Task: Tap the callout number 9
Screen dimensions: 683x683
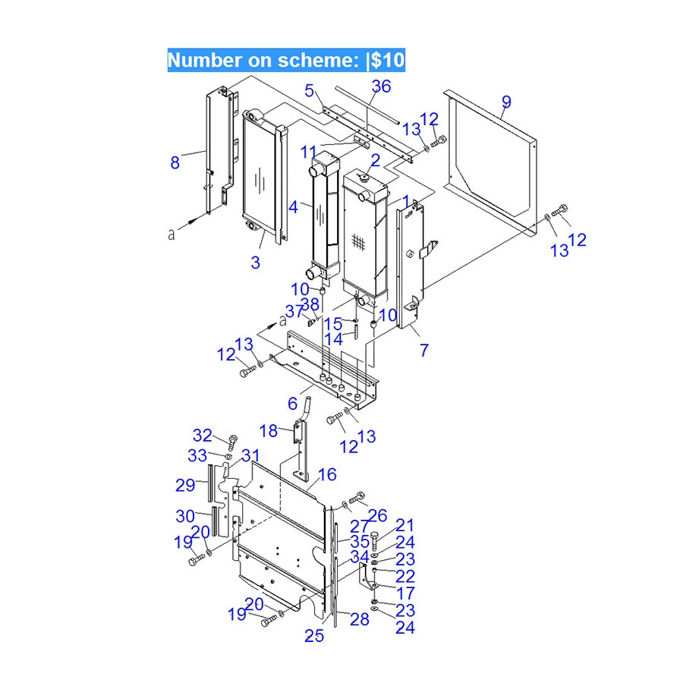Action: coord(506,102)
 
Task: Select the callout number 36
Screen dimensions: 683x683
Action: coord(381,87)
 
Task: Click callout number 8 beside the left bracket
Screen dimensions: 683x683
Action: coord(175,162)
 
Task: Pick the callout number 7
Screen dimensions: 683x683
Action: coord(424,350)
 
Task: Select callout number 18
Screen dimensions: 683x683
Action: coord(269,431)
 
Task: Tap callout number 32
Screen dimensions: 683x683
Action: coord(203,435)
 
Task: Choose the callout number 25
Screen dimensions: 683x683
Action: coord(314,636)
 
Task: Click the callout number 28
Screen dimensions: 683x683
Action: coord(359,619)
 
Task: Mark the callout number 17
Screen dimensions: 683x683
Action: coord(405,593)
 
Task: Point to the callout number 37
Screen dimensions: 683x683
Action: coord(294,311)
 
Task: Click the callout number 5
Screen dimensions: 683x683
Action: coord(309,91)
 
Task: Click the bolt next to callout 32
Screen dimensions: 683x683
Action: coord(232,441)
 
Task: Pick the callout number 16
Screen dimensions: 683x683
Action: coord(327,475)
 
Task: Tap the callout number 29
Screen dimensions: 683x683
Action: coord(185,485)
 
